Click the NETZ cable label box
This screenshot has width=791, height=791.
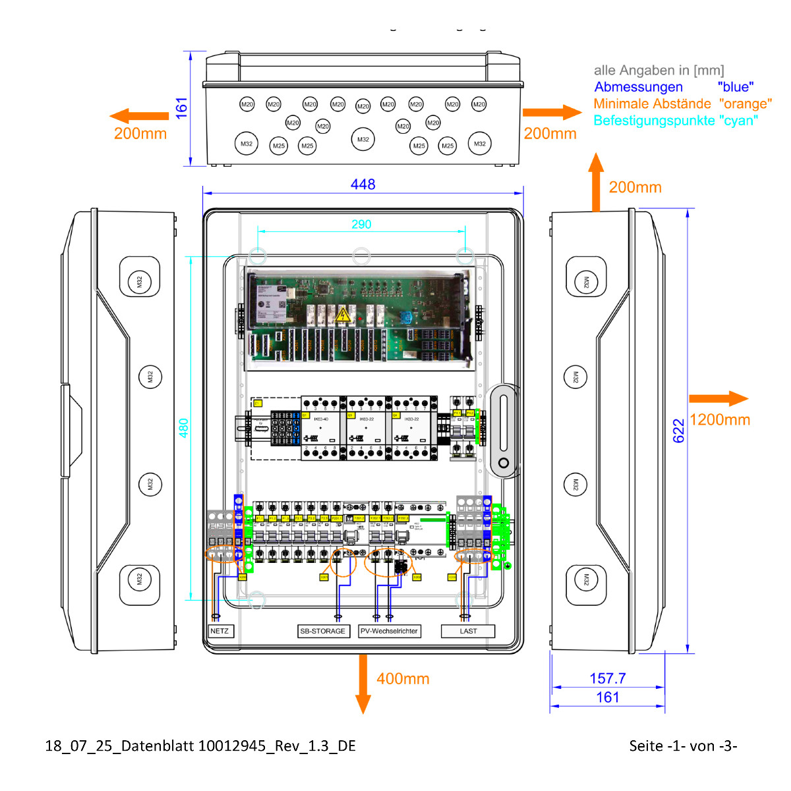[220, 631]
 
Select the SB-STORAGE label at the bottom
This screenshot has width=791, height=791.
[322, 631]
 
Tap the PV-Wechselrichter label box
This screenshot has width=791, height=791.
[389, 631]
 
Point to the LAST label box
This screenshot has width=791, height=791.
[468, 631]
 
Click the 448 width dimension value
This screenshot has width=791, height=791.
[363, 185]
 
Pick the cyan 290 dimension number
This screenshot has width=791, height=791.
[361, 225]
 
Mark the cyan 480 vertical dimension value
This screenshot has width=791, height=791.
[184, 428]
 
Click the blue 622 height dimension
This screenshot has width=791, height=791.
[679, 430]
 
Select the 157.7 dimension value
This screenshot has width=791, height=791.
[607, 678]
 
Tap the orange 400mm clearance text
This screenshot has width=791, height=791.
[403, 679]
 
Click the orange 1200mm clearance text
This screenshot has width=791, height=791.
[720, 420]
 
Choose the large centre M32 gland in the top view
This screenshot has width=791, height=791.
[363, 139]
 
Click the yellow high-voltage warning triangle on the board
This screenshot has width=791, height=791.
[343, 315]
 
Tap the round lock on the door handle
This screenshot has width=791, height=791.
[504, 463]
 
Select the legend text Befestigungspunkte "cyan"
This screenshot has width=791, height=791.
[676, 121]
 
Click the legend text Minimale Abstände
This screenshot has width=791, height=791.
[652, 104]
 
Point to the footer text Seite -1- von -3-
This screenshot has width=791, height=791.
[683, 746]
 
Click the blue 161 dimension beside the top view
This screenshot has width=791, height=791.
[182, 108]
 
